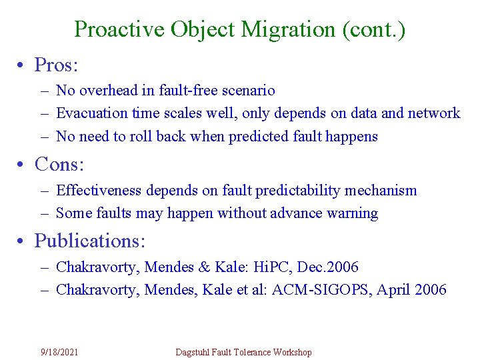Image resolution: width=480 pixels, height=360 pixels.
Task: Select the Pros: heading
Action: (x=57, y=65)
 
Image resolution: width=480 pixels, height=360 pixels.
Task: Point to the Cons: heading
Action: (x=59, y=163)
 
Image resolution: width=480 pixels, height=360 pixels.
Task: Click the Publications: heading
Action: (x=89, y=240)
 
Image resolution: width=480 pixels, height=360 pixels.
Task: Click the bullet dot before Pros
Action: (x=23, y=65)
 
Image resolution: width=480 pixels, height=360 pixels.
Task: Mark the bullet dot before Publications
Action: (x=23, y=240)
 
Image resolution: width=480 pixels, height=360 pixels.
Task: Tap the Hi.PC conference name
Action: (x=268, y=267)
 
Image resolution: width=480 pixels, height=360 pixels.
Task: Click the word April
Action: (x=392, y=290)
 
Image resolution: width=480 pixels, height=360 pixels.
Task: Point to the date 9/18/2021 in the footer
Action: (x=59, y=352)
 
